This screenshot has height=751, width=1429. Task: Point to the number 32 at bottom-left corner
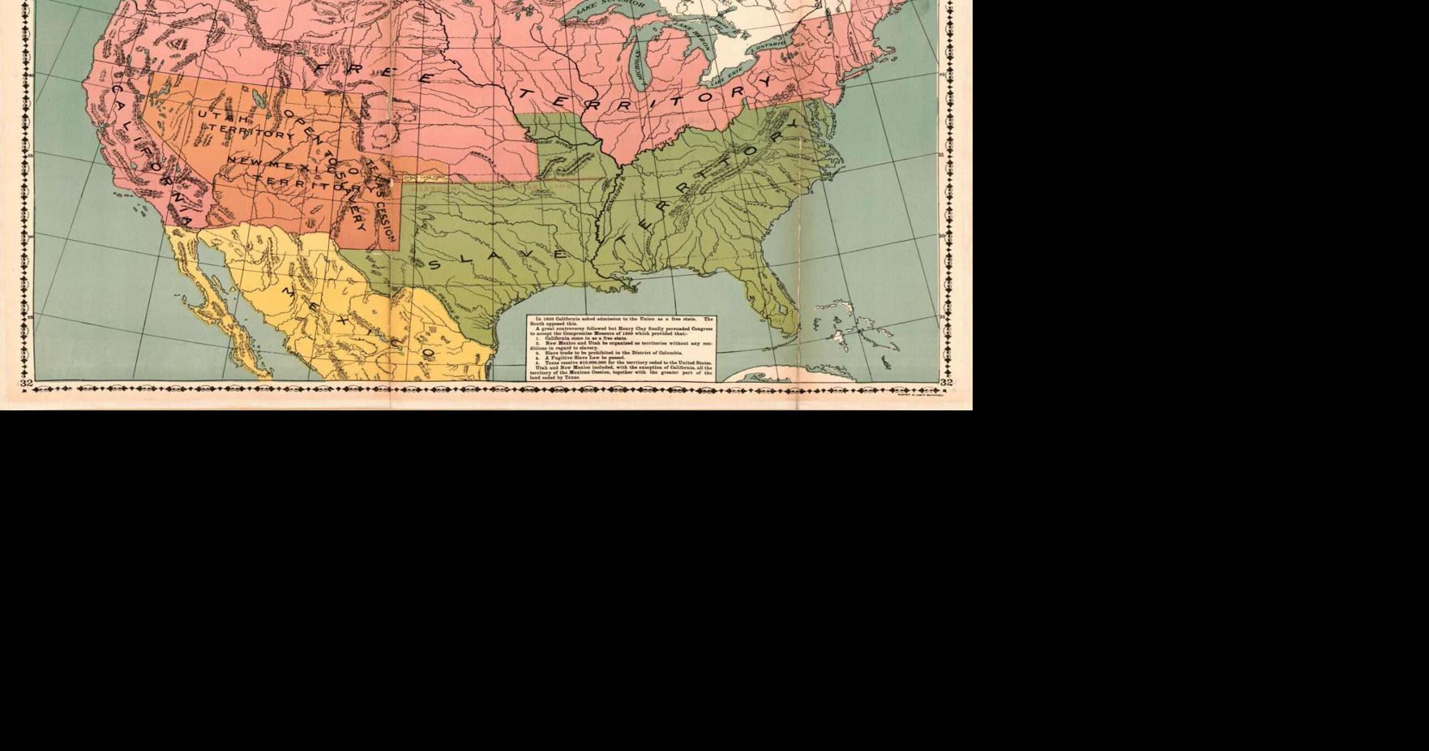tap(27, 383)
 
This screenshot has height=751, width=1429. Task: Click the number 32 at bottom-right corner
tap(946, 383)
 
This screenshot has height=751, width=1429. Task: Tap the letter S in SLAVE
tap(435, 265)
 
